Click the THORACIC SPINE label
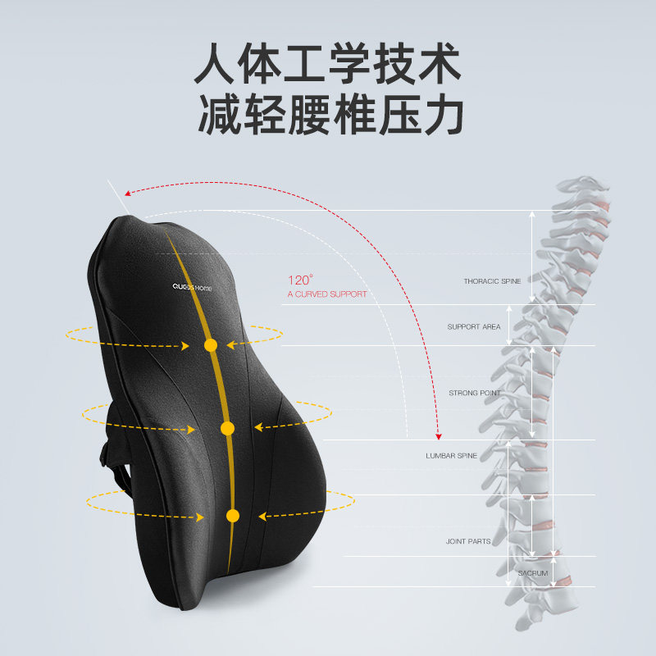tap(492, 281)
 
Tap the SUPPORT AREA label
tap(474, 326)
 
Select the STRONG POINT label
tap(474, 393)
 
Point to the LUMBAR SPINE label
tap(451, 455)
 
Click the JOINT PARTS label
tap(467, 541)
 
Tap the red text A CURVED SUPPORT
tap(326, 294)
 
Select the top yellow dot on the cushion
tap(211, 345)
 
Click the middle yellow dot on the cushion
tap(227, 428)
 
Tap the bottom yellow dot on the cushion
tap(232, 516)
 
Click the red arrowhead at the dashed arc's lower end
tap(439, 435)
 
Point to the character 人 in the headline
tap(218, 68)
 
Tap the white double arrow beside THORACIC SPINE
tap(531, 257)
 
